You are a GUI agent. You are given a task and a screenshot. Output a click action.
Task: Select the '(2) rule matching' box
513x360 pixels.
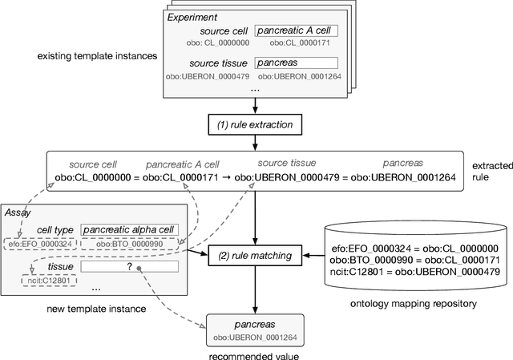tap(256, 257)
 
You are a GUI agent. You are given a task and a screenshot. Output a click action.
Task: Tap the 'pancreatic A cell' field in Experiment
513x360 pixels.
tap(296, 31)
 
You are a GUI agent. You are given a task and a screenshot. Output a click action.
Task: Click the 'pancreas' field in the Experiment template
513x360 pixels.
tap(296, 63)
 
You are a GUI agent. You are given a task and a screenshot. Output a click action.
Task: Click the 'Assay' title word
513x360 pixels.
tap(17, 213)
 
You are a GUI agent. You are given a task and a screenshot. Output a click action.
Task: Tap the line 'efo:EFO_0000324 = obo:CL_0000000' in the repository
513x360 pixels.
tap(410, 249)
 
